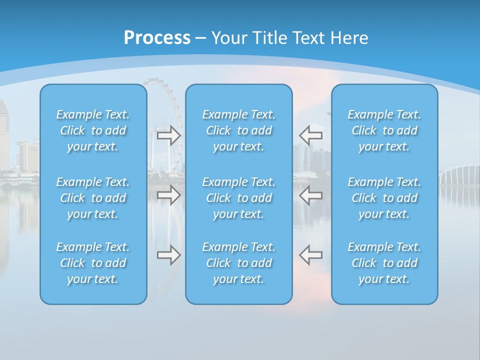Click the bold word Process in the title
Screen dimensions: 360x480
click(x=157, y=38)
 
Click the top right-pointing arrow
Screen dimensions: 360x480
click(x=169, y=135)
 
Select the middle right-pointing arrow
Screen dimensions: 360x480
click(x=169, y=195)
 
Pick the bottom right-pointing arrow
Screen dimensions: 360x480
click(x=169, y=255)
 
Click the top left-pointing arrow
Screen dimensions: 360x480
click(x=310, y=135)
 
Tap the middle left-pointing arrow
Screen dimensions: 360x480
click(x=310, y=195)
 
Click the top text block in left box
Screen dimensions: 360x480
click(x=93, y=130)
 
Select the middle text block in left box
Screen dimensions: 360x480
click(x=93, y=198)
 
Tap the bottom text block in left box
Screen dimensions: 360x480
click(x=93, y=263)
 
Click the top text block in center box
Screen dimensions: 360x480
click(x=239, y=130)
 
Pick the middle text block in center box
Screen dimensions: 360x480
click(x=239, y=198)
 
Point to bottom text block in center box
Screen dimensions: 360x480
click(x=239, y=263)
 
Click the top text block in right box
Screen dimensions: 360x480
click(x=384, y=130)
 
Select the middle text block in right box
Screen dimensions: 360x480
click(x=384, y=198)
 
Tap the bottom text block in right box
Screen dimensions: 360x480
click(x=384, y=263)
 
